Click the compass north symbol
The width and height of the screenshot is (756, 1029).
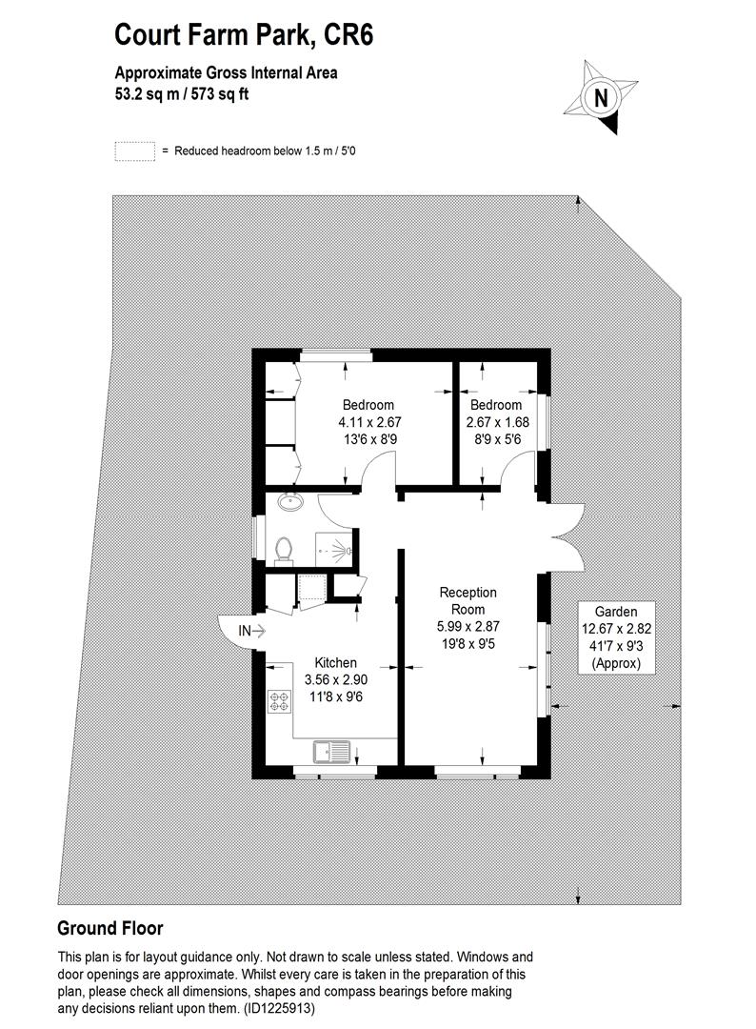point(601,97)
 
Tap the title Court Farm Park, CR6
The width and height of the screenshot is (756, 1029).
point(244,35)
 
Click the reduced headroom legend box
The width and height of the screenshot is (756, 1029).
point(134,151)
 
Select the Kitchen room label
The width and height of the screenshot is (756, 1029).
point(336,663)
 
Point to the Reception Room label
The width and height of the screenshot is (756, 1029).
point(468,601)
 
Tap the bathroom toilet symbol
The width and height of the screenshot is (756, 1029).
point(283,549)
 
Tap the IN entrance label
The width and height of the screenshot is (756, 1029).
point(245,630)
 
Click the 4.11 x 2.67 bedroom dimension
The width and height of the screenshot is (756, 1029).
point(368,422)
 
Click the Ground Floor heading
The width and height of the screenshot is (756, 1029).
point(109,928)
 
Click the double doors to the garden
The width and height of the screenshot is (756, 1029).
point(564,537)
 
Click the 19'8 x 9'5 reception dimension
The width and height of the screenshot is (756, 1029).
point(468,643)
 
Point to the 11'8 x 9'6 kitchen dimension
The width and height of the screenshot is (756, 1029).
point(336,696)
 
